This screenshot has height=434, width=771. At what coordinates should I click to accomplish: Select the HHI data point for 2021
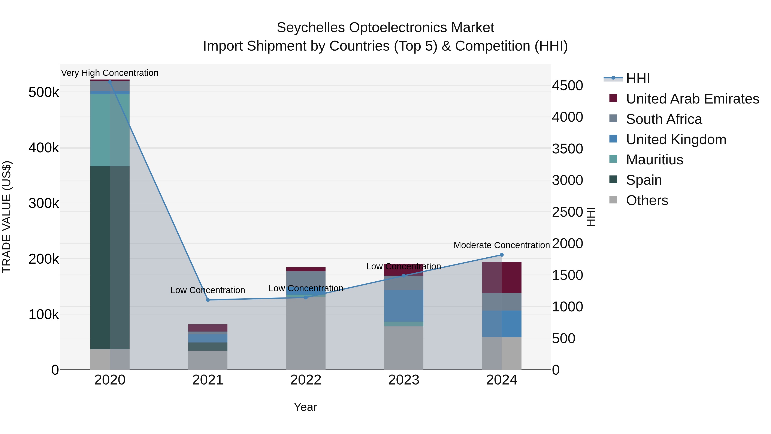[208, 300]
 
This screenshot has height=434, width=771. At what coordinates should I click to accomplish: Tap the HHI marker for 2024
[502, 255]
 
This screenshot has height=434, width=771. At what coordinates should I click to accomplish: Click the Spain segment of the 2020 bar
[110, 258]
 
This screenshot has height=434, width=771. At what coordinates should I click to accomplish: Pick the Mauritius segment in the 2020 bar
[110, 130]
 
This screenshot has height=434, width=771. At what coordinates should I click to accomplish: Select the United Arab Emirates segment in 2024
[502, 277]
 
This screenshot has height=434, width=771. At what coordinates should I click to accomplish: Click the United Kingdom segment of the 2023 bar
[403, 305]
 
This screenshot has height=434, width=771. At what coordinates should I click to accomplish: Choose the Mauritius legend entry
[654, 160]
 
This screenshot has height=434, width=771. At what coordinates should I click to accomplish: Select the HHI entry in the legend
[638, 78]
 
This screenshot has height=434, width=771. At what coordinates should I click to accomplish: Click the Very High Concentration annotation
[110, 73]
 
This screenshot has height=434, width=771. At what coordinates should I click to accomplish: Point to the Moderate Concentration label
[502, 245]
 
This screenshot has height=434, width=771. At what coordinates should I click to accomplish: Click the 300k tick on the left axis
[44, 203]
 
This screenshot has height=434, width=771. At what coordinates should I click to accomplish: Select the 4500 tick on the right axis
[567, 86]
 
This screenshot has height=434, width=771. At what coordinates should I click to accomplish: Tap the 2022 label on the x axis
[306, 380]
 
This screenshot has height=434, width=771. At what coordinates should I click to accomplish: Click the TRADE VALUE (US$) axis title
[7, 217]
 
